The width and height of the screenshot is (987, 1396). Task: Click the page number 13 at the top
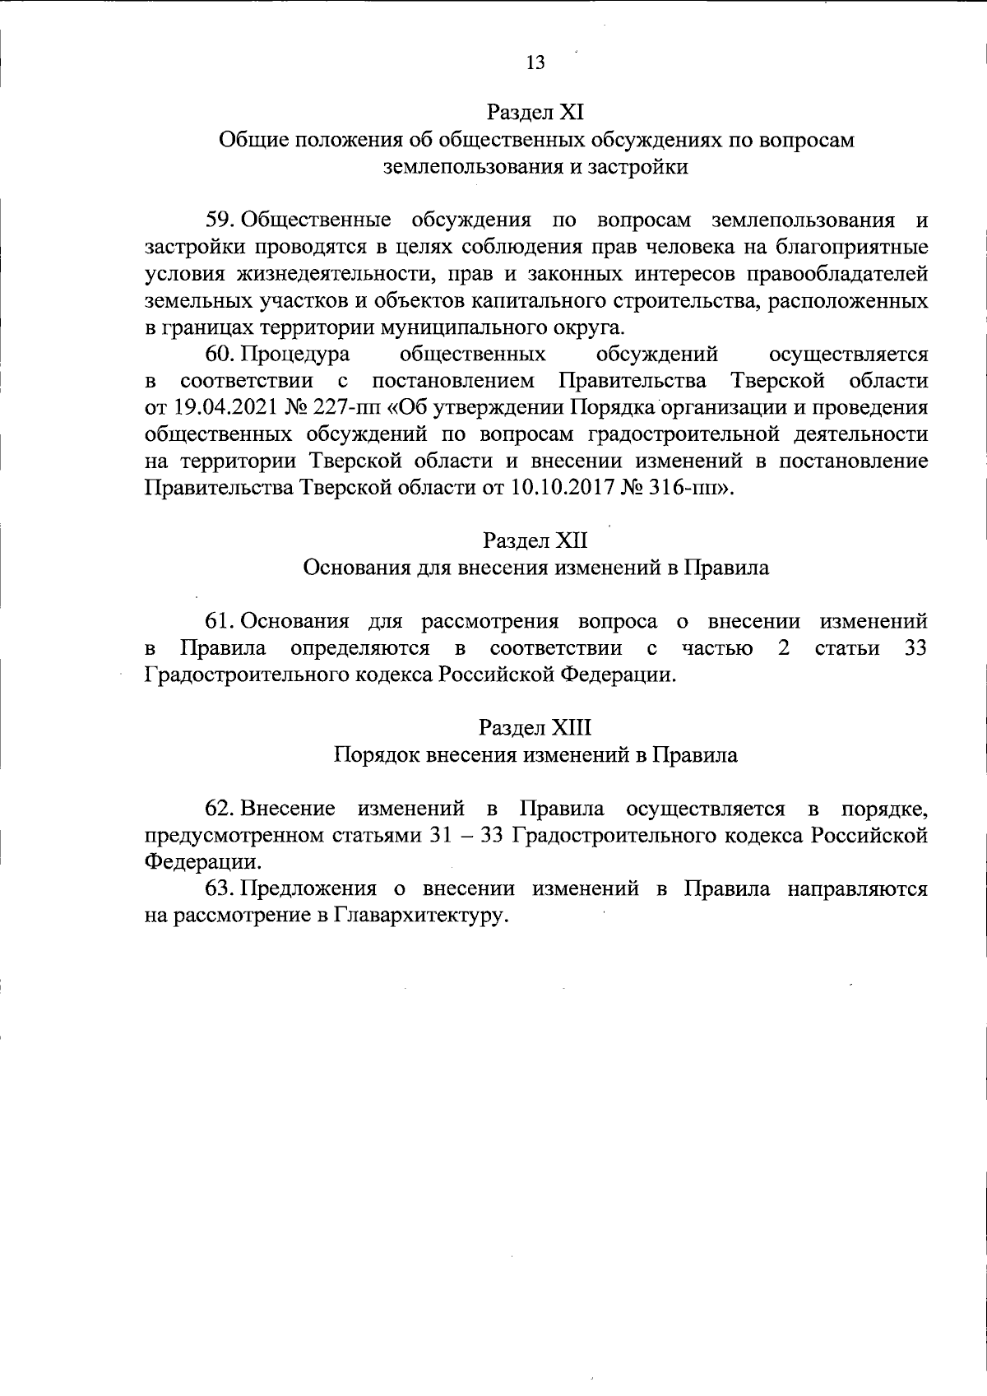tap(535, 63)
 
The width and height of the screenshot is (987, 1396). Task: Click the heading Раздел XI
tap(535, 111)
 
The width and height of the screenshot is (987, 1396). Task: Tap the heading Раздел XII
tap(535, 540)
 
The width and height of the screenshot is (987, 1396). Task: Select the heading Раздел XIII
tap(535, 728)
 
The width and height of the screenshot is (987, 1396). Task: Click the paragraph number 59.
tap(220, 220)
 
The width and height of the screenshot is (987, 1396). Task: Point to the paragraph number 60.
tap(220, 355)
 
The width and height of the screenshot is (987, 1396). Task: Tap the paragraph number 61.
tap(220, 621)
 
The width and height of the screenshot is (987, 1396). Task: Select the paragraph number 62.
tap(220, 809)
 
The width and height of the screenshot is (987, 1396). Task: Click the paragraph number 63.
tap(220, 888)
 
